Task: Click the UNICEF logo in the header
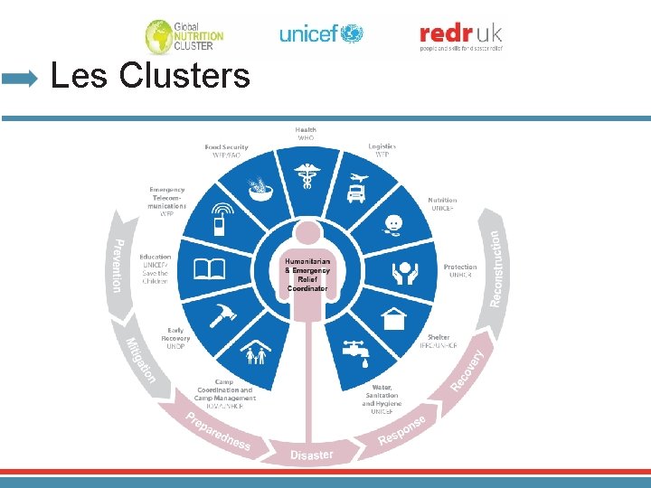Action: (321, 34)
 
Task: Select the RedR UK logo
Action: (461, 36)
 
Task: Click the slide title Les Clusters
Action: (150, 76)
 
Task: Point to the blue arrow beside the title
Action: (20, 79)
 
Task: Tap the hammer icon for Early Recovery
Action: (222, 317)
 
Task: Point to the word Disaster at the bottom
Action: (312, 455)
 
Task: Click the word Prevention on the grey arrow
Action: (117, 266)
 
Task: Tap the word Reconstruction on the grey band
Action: (495, 267)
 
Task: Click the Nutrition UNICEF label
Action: (442, 204)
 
